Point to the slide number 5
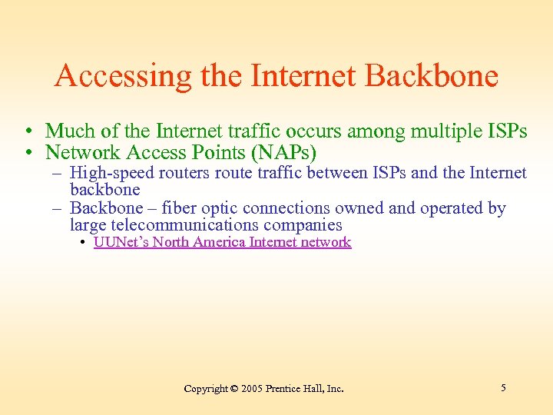coord(503,388)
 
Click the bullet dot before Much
coord(27,132)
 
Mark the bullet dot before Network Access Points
coord(27,151)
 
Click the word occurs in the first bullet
coord(315,131)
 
